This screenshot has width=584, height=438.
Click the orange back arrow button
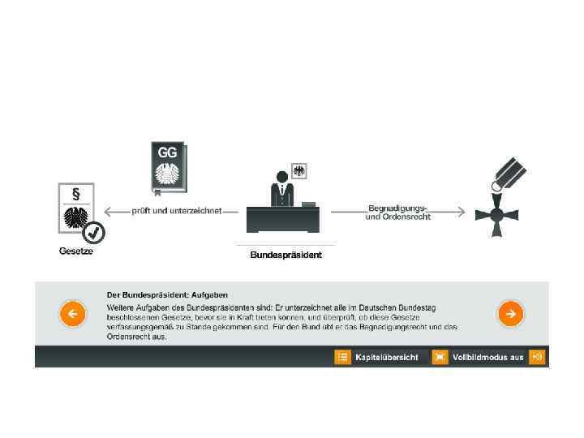pos(72,313)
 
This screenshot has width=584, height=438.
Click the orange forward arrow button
pos(510,313)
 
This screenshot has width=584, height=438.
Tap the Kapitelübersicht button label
pos(386,357)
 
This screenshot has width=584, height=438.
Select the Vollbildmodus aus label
pos(488,357)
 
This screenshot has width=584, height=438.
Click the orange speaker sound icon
pos(536,357)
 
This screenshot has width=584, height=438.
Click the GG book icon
pos(168,168)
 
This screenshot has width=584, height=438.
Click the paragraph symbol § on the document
pos(75,195)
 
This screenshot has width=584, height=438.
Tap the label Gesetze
pos(76,251)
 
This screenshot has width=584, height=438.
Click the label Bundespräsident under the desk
pos(286,255)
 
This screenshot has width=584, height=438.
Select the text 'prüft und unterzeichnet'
pos(177,211)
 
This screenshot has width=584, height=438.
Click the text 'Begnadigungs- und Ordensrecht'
pos(397,213)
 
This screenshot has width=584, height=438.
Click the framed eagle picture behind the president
pos(298,171)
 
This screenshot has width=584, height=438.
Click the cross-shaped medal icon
pos(495,215)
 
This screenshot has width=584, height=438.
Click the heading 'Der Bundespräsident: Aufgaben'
pos(167,294)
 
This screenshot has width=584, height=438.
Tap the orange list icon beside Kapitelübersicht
pos(342,357)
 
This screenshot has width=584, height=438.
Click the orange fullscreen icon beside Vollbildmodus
pos(440,357)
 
